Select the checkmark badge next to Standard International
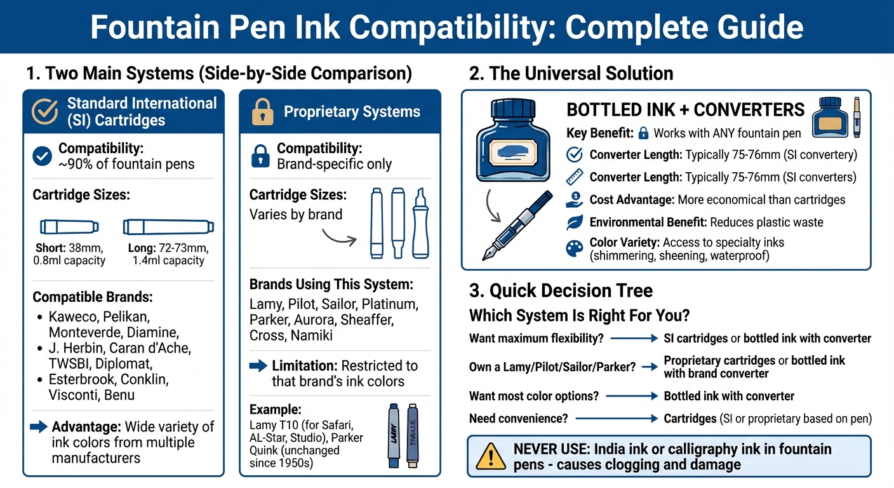[44, 111]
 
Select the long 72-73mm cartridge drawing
[168, 226]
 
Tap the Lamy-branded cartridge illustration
[393, 435]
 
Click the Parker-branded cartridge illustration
[413, 435]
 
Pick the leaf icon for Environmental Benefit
[574, 222]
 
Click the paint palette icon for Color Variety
[574, 248]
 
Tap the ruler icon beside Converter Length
[574, 177]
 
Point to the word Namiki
[310, 335]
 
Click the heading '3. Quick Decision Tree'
[561, 291]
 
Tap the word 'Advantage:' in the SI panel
[86, 426]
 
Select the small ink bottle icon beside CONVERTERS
[829, 117]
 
